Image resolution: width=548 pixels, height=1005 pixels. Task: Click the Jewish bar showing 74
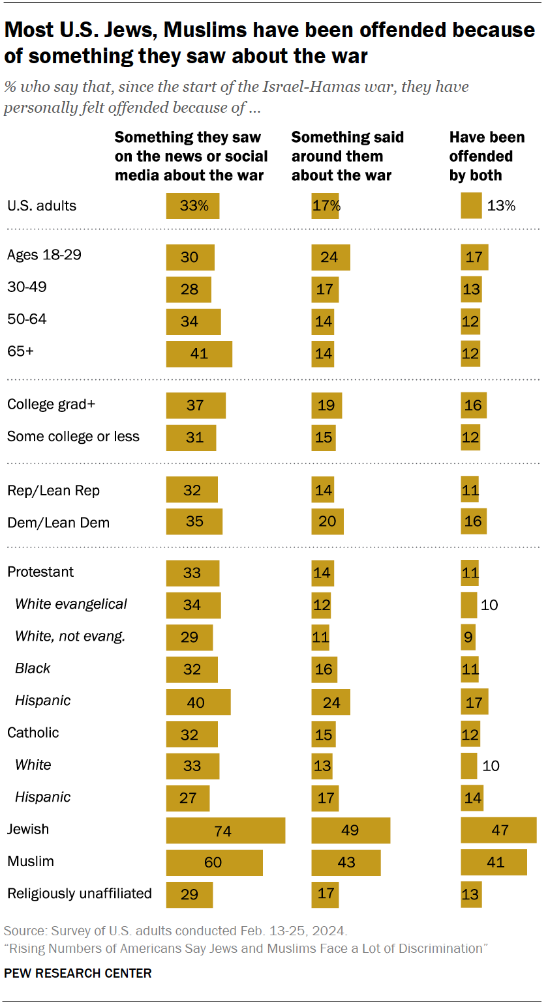(225, 830)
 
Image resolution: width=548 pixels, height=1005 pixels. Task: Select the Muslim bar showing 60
(214, 862)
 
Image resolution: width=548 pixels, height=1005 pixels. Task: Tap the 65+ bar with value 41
(199, 354)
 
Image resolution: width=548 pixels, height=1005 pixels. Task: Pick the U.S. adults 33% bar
(192, 206)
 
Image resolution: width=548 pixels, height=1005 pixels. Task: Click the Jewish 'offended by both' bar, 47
(498, 830)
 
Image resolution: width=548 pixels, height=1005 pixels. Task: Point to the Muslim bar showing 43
(346, 862)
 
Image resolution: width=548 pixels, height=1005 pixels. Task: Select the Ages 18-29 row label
(44, 255)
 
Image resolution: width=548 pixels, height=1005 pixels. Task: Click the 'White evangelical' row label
(70, 604)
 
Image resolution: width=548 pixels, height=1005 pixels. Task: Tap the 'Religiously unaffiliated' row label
(79, 894)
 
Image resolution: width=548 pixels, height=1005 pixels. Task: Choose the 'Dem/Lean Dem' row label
(58, 523)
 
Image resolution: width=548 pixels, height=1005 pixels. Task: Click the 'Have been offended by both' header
(487, 156)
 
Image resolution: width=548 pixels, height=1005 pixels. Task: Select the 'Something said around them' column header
(347, 156)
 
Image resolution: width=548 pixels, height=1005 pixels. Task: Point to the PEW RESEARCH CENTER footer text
(78, 973)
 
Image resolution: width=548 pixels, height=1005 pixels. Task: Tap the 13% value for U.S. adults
(501, 206)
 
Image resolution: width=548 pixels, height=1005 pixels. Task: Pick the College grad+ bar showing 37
(196, 405)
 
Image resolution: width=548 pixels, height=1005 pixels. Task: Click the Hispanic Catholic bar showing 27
(188, 798)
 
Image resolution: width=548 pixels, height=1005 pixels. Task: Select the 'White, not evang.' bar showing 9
(468, 637)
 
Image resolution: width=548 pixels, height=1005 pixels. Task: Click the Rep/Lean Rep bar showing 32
(192, 490)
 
